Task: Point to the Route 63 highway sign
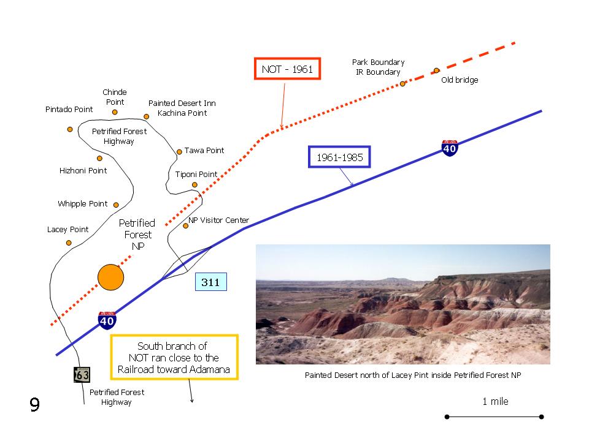pos(82,375)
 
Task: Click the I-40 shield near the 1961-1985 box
pos(450,148)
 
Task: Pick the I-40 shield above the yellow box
pos(107,320)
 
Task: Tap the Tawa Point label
pos(204,151)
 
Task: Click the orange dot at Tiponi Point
pos(194,184)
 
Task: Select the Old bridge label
pos(460,80)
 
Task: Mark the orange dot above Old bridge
pos(436,70)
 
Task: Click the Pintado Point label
pos(69,109)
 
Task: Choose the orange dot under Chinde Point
pos(115,112)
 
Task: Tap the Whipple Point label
pos(83,203)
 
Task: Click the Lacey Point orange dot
pos(69,243)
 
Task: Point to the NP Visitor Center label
pos(218,220)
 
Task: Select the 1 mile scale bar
pos(494,417)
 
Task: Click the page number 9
pos(34,404)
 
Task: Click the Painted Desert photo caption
pos(413,375)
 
